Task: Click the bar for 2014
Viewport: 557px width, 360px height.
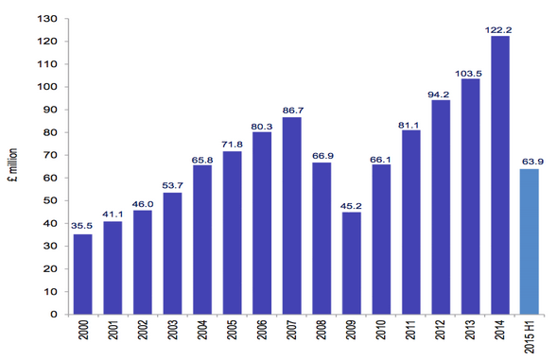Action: pos(500,175)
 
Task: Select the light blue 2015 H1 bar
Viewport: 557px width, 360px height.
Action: pos(530,242)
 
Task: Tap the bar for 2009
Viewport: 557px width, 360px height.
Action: pos(352,263)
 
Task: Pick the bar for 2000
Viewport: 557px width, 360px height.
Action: pos(83,274)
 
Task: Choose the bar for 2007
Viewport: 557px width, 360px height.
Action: pos(291,215)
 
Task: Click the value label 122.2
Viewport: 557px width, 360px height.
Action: pos(498,30)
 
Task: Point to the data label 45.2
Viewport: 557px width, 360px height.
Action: pos(351,206)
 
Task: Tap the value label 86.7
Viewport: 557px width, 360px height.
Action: pos(293,111)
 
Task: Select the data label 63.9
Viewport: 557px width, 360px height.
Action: pos(532,162)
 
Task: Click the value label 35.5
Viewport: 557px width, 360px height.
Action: pos(81,226)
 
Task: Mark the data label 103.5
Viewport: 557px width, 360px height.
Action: pos(468,74)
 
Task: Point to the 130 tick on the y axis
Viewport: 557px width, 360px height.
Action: pos(47,19)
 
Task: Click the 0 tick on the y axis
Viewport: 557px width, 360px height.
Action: pos(54,315)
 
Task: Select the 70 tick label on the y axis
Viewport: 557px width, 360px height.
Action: pos(50,155)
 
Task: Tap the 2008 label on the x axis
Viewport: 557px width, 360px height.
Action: pos(322,330)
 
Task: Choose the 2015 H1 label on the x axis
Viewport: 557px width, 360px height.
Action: pos(530,336)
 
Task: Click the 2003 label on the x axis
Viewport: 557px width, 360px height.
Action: pos(172,330)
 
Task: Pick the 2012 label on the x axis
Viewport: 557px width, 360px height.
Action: pos(440,330)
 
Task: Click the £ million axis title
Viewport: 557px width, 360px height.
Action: pos(13,165)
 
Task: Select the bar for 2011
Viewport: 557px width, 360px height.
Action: pos(411,222)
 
